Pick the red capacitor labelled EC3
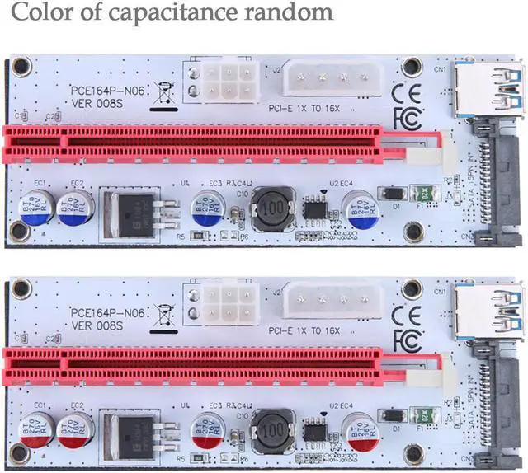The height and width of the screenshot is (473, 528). click(x=207, y=431)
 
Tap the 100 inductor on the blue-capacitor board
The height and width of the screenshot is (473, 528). click(x=273, y=205)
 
